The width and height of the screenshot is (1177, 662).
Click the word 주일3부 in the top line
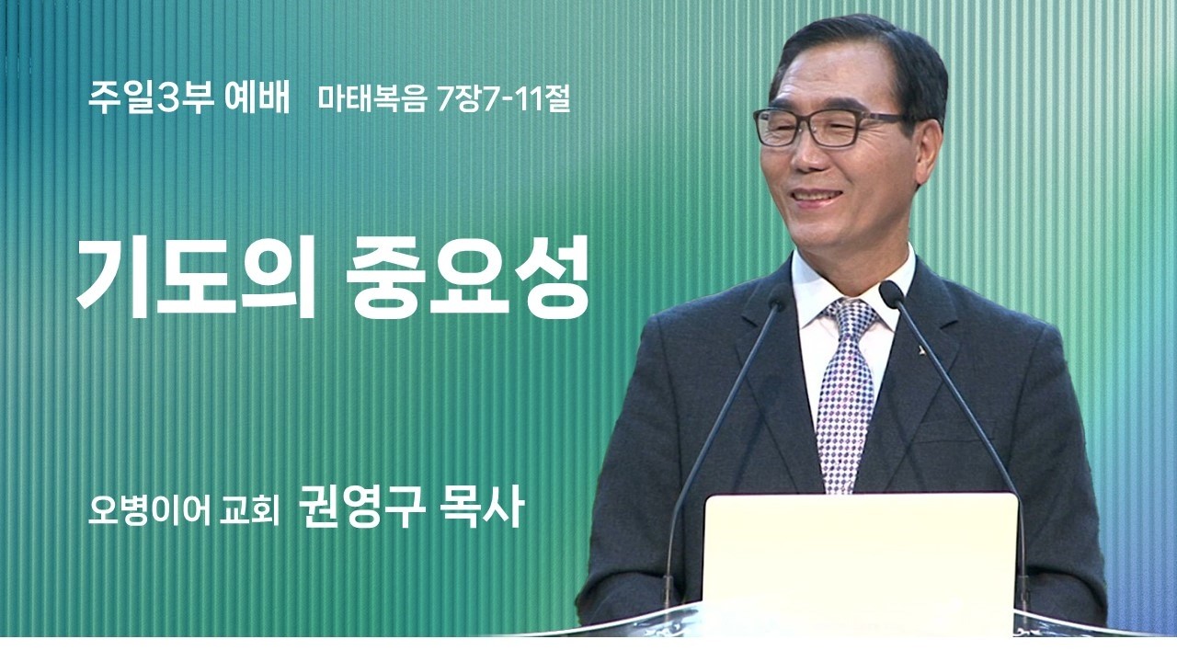(151, 97)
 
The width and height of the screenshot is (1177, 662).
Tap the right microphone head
(890, 292)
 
